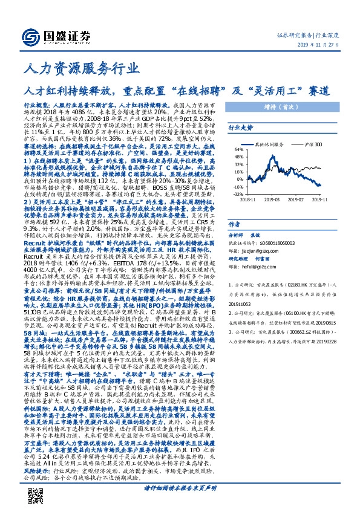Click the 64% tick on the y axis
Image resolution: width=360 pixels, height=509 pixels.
[238, 150]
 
